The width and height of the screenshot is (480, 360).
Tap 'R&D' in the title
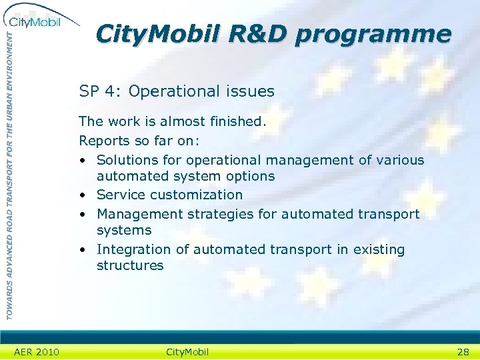point(256,33)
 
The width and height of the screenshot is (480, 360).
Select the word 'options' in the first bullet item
point(250,176)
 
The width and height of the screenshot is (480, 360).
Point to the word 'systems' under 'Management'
point(124,230)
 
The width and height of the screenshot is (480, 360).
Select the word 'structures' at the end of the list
point(130,265)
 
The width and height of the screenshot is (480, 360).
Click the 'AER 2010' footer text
point(36,352)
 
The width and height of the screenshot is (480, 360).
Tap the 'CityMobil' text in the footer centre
point(187,352)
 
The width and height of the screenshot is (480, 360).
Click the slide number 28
point(463,352)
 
